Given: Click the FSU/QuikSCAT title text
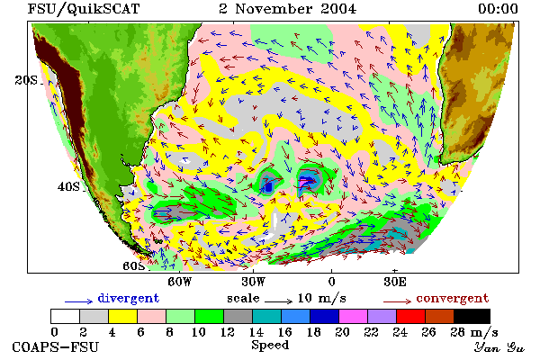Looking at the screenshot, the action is pyautogui.click(x=84, y=9).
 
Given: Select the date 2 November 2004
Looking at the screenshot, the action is pyautogui.click(x=288, y=9).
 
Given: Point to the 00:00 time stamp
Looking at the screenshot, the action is pyautogui.click(x=498, y=9).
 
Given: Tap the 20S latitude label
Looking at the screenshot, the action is pyautogui.click(x=26, y=80).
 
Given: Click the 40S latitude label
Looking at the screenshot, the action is pyautogui.click(x=68, y=187).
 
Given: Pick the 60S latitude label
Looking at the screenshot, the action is pyautogui.click(x=134, y=266).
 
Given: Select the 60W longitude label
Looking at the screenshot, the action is pyautogui.click(x=180, y=282).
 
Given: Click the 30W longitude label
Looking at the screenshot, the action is pyautogui.click(x=254, y=282).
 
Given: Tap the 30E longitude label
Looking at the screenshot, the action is pyautogui.click(x=395, y=282).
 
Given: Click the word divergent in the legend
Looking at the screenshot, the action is pyautogui.click(x=129, y=298).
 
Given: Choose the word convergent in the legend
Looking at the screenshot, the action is pyautogui.click(x=453, y=298).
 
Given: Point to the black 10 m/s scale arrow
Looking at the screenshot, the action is pyautogui.click(x=279, y=301).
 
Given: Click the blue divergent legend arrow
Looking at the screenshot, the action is pyautogui.click(x=79, y=301).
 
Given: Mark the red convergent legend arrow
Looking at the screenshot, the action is pyautogui.click(x=398, y=301).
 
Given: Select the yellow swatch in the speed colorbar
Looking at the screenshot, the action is pyautogui.click(x=122, y=316).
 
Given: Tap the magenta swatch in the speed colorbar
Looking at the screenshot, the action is pyautogui.click(x=353, y=316).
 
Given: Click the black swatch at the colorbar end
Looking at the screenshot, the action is pyautogui.click(x=472, y=316).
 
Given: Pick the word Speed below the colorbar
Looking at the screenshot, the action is pyautogui.click(x=270, y=346).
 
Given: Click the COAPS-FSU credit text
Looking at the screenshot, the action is pyautogui.click(x=56, y=346).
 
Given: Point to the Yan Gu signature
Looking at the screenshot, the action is pyautogui.click(x=499, y=347).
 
